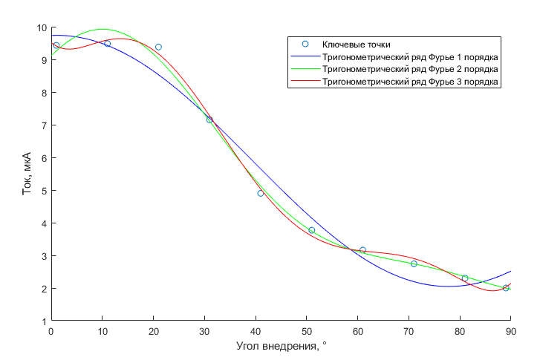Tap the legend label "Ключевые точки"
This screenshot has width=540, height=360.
[x=356, y=45]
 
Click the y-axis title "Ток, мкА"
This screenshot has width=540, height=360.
[x=27, y=174]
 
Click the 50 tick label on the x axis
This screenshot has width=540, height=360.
[x=307, y=332]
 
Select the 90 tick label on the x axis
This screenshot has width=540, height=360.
[x=511, y=332]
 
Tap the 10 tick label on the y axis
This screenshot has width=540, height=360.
[x=42, y=27]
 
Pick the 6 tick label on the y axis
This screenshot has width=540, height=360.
[x=44, y=158]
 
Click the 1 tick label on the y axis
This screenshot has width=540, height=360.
[x=44, y=321]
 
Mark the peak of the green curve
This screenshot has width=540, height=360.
[x=102, y=29]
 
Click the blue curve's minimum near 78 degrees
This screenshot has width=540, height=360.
[x=448, y=286]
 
